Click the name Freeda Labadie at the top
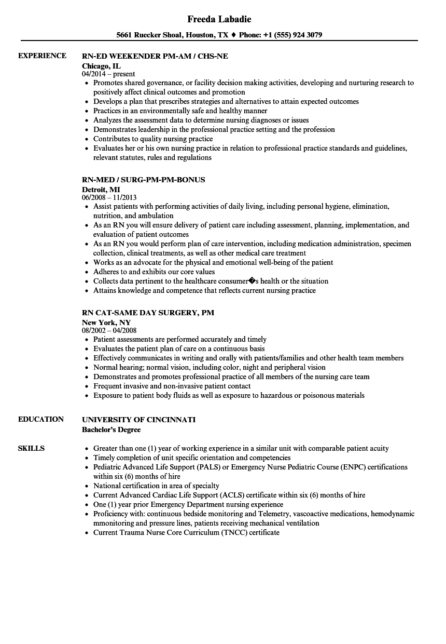[x=219, y=19]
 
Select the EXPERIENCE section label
[x=42, y=56]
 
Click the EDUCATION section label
[x=41, y=419]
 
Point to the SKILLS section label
[x=31, y=448]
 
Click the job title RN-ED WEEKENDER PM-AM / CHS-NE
[x=155, y=56]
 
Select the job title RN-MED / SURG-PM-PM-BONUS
[x=144, y=179]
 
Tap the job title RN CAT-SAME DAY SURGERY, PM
[x=148, y=312]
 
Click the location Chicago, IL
[x=102, y=66]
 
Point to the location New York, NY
[x=106, y=323]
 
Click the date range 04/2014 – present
[x=108, y=74]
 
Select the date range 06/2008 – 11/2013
[x=109, y=197]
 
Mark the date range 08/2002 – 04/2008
[x=109, y=330]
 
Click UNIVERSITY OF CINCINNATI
[x=138, y=419]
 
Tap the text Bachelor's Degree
[x=112, y=430]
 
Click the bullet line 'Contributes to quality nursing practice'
[x=153, y=139]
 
